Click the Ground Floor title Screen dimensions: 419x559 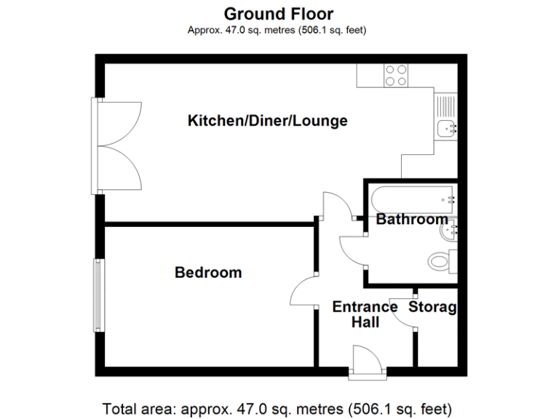pos(279,13)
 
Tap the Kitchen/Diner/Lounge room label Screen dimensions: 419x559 pos(267,121)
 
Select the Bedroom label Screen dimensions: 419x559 pos(208,273)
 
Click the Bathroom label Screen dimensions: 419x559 pos(411,219)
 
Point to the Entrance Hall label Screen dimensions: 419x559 pos(365,314)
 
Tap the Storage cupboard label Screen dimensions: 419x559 pos(432,307)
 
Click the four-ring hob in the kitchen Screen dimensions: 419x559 pos(396,75)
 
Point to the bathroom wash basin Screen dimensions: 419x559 pos(448,232)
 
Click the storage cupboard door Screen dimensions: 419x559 pos(403,313)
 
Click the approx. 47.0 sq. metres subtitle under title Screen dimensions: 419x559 pos(277,30)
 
